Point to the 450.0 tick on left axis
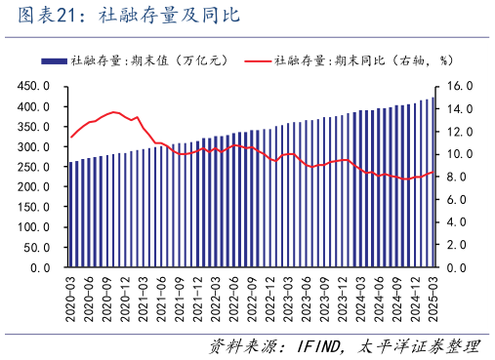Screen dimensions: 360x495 point(35,86)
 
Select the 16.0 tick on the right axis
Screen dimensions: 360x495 point(459,86)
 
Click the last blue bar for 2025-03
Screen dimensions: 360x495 point(433,182)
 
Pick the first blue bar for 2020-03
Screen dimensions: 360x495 point(70,215)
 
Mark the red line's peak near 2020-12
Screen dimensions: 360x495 point(114,112)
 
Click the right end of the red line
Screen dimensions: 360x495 point(433,173)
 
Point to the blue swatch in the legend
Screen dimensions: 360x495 point(55,60)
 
